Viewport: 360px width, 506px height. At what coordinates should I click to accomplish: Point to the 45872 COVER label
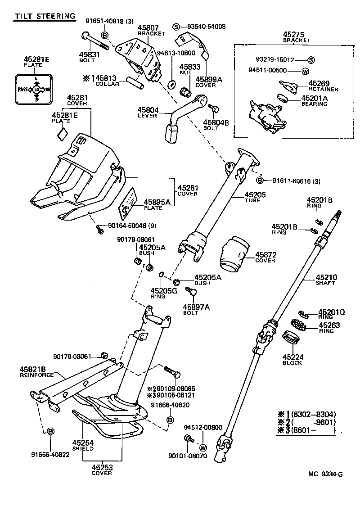[x=265, y=258]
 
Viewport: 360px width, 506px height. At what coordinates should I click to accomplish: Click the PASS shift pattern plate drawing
[x=35, y=90]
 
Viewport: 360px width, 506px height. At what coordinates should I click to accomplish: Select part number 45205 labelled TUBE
[x=255, y=194]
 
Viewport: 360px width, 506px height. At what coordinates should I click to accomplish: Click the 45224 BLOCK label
[x=292, y=360]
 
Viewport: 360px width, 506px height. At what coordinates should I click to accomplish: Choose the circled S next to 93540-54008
[x=176, y=27]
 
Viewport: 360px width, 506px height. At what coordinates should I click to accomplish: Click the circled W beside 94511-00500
[x=305, y=70]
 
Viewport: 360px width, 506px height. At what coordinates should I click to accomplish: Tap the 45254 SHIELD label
[x=83, y=445]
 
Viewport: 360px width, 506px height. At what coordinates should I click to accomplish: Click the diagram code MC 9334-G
[x=325, y=474]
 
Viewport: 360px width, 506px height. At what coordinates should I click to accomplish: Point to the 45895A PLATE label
[x=156, y=205]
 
